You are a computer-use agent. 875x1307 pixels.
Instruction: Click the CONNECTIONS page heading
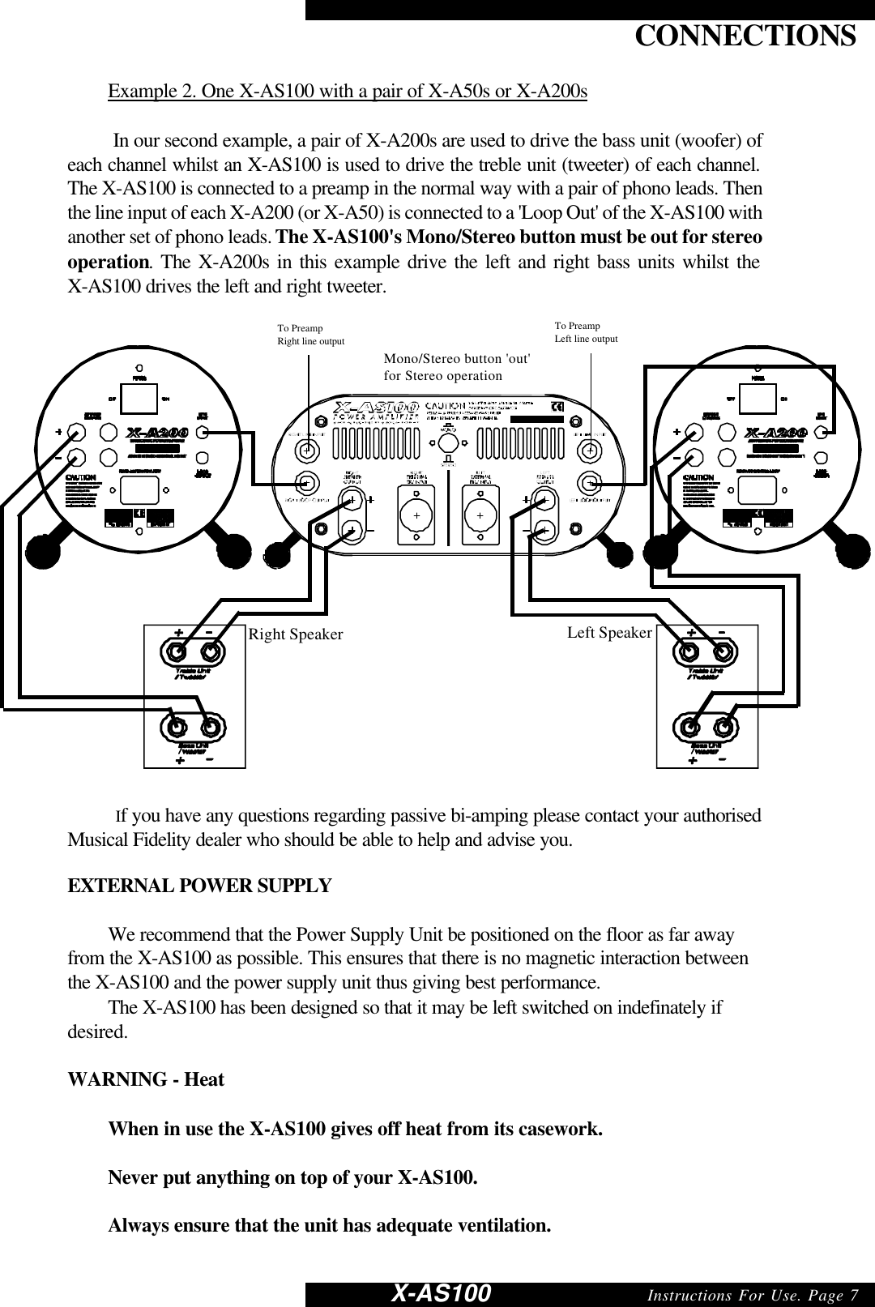[x=744, y=36]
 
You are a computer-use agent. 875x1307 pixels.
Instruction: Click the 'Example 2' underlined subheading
[x=348, y=90]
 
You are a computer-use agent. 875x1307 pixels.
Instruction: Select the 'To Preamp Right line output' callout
[x=310, y=335]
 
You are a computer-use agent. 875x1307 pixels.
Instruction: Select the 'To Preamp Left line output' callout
[x=585, y=332]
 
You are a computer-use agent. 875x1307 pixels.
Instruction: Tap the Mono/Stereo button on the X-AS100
[x=447, y=442]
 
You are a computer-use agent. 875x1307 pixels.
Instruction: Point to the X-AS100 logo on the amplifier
[x=377, y=407]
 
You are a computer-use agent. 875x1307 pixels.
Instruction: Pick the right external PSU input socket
[x=415, y=515]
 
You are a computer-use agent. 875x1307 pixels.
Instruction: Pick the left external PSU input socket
[x=480, y=515]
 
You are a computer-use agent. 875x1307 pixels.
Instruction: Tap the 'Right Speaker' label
[x=296, y=634]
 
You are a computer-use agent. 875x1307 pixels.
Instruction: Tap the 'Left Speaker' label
[x=609, y=632]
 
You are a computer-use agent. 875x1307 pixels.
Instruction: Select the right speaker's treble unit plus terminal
[x=176, y=651]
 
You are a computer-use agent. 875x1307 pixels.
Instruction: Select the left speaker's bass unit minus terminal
[x=723, y=726]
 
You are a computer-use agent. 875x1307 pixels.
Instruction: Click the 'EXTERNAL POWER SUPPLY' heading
[x=199, y=886]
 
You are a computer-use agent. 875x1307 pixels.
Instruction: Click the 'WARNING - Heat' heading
[x=146, y=1079]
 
